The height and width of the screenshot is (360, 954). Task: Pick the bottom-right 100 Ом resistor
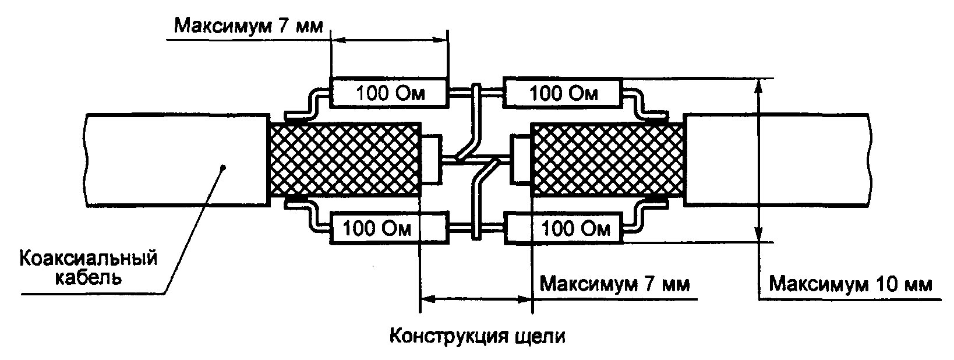click(x=563, y=228)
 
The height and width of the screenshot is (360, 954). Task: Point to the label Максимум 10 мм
click(x=850, y=285)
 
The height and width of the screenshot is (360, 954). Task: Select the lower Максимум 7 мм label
click(x=615, y=285)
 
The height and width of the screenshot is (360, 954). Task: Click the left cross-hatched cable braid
click(x=344, y=160)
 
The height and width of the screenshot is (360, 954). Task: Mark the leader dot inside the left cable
click(x=224, y=167)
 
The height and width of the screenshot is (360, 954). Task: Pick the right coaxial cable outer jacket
click(x=780, y=160)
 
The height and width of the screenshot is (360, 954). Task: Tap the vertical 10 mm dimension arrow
click(x=758, y=160)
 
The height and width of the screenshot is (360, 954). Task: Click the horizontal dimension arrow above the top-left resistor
click(x=390, y=40)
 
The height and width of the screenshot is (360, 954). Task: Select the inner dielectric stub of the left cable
click(x=432, y=160)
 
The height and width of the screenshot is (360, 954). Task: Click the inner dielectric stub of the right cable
click(x=520, y=160)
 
